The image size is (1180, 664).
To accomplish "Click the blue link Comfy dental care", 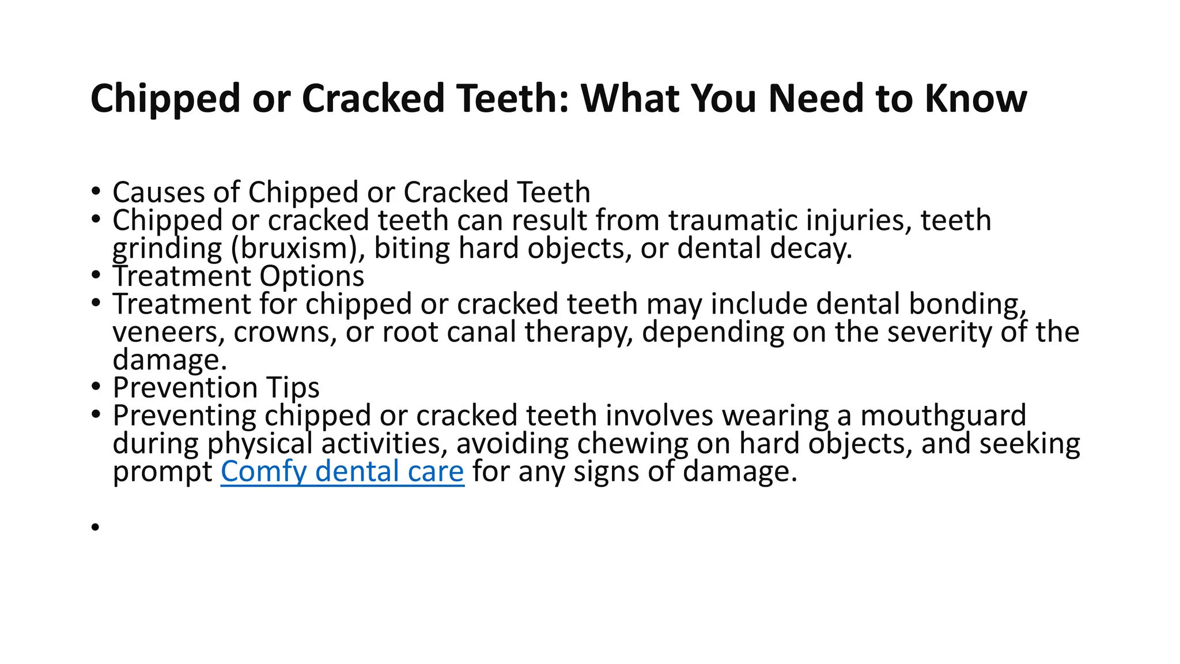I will point(342,471).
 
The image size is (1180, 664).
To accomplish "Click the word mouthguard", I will point(943,416).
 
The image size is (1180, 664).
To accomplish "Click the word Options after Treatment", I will point(312,276).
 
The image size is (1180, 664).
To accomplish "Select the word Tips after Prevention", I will point(293,387).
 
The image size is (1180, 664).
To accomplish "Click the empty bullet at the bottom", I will point(95,526).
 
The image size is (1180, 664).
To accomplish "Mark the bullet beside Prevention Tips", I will point(95,387).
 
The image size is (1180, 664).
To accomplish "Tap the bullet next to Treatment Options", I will point(95,276).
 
